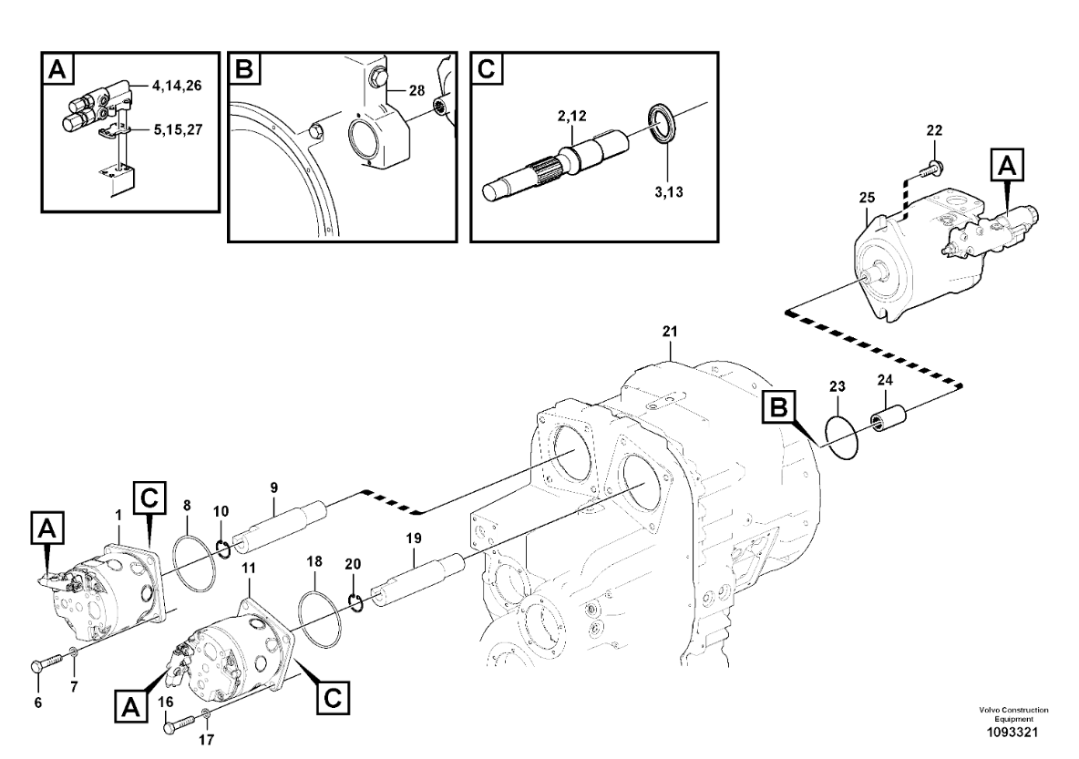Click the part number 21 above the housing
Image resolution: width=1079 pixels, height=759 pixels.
[670, 331]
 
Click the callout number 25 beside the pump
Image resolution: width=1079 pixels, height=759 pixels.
[867, 198]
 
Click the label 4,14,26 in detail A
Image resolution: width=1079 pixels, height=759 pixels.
[177, 86]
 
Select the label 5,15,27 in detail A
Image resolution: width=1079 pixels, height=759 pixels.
[177, 129]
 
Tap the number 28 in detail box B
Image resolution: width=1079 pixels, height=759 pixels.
[417, 90]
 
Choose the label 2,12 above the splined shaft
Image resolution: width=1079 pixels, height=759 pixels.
[571, 116]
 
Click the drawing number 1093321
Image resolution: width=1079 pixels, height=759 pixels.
[1013, 733]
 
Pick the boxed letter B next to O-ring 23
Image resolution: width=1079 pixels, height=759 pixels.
[778, 408]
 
